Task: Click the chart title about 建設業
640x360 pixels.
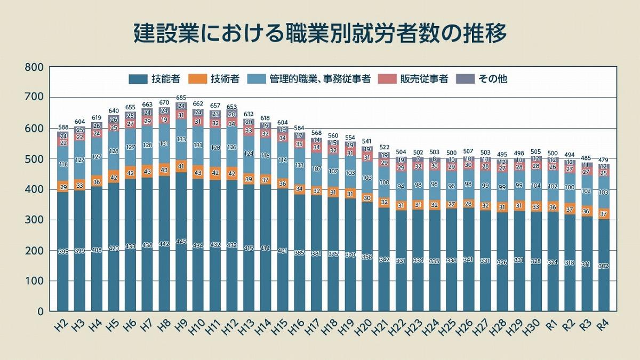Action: [x=319, y=33]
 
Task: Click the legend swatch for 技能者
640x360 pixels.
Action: [x=138, y=79]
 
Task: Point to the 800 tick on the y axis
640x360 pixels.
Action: [x=33, y=67]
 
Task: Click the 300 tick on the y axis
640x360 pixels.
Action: [x=33, y=220]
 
